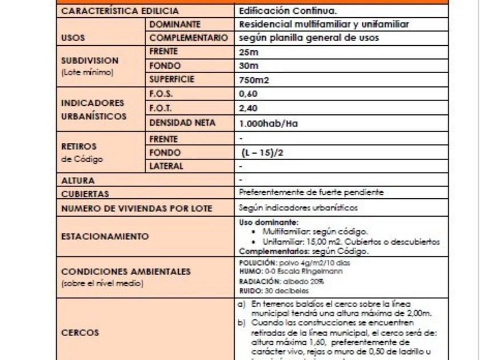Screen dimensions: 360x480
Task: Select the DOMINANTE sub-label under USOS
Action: tap(174, 25)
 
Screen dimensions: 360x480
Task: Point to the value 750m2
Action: tap(254, 81)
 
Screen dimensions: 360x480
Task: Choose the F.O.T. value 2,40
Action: tap(249, 109)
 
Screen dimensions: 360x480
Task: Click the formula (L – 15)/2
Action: tap(260, 153)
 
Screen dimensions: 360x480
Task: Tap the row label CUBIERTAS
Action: tap(85, 194)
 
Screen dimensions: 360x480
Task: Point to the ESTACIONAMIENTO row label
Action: tap(105, 236)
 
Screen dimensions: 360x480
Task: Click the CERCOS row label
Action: tap(80, 332)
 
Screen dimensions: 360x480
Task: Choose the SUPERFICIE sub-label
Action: tap(172, 80)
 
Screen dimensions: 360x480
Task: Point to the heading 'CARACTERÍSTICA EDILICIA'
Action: tap(119, 11)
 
